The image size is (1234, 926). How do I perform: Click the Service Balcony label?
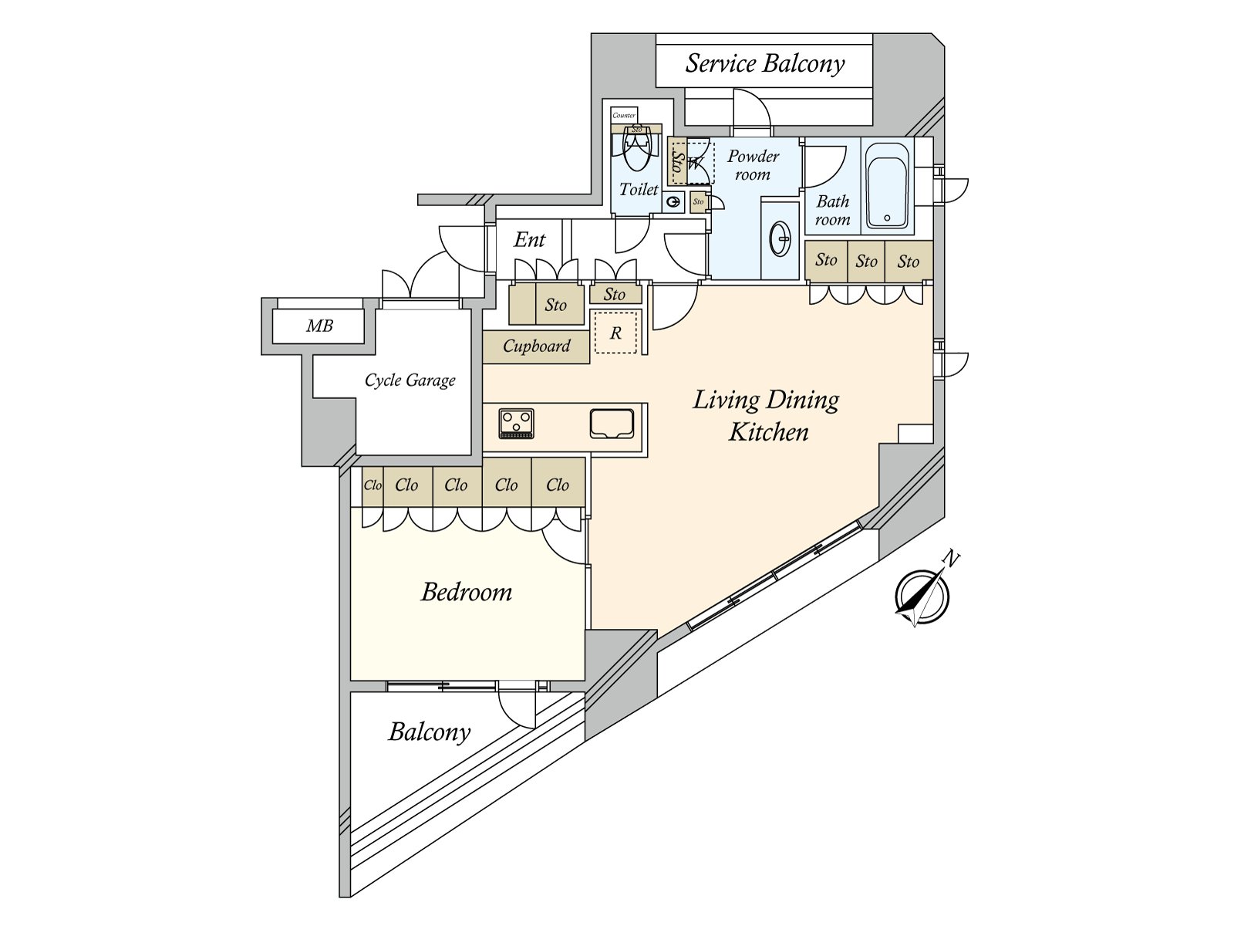coord(764,63)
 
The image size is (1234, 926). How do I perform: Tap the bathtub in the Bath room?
coord(887,185)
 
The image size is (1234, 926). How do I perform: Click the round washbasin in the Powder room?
coord(781,239)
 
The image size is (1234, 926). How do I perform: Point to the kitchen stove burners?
coord(516,424)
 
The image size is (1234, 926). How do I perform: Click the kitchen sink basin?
coord(612,424)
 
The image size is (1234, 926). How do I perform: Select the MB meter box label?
coord(319,326)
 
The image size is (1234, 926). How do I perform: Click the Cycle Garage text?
coord(410,380)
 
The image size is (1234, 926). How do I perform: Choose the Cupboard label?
coord(536,346)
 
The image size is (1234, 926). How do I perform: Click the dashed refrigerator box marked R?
coord(615,333)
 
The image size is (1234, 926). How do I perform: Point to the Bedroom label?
coord(467,593)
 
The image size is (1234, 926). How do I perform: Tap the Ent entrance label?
coord(529,240)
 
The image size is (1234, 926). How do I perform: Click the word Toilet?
coord(639,190)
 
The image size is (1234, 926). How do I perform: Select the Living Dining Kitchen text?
coord(767,416)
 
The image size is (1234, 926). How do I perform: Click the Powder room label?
coord(753,165)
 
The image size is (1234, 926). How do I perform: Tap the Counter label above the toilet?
coord(624,115)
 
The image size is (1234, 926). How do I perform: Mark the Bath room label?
coord(833,210)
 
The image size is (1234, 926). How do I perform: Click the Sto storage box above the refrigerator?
coord(615,294)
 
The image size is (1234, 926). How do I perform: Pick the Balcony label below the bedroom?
coord(430,732)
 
